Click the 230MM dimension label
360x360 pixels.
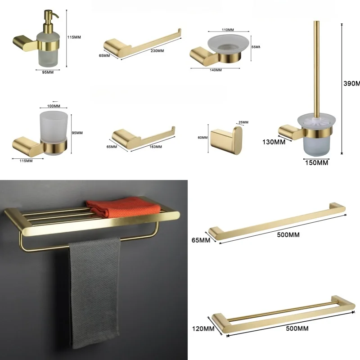pos(157,51)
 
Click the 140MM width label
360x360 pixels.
pos(216,70)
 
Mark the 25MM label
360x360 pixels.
pos(243,122)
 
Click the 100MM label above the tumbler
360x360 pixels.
pos(53,107)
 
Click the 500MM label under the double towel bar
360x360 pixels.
pos(297,329)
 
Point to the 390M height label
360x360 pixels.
pos(351,84)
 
